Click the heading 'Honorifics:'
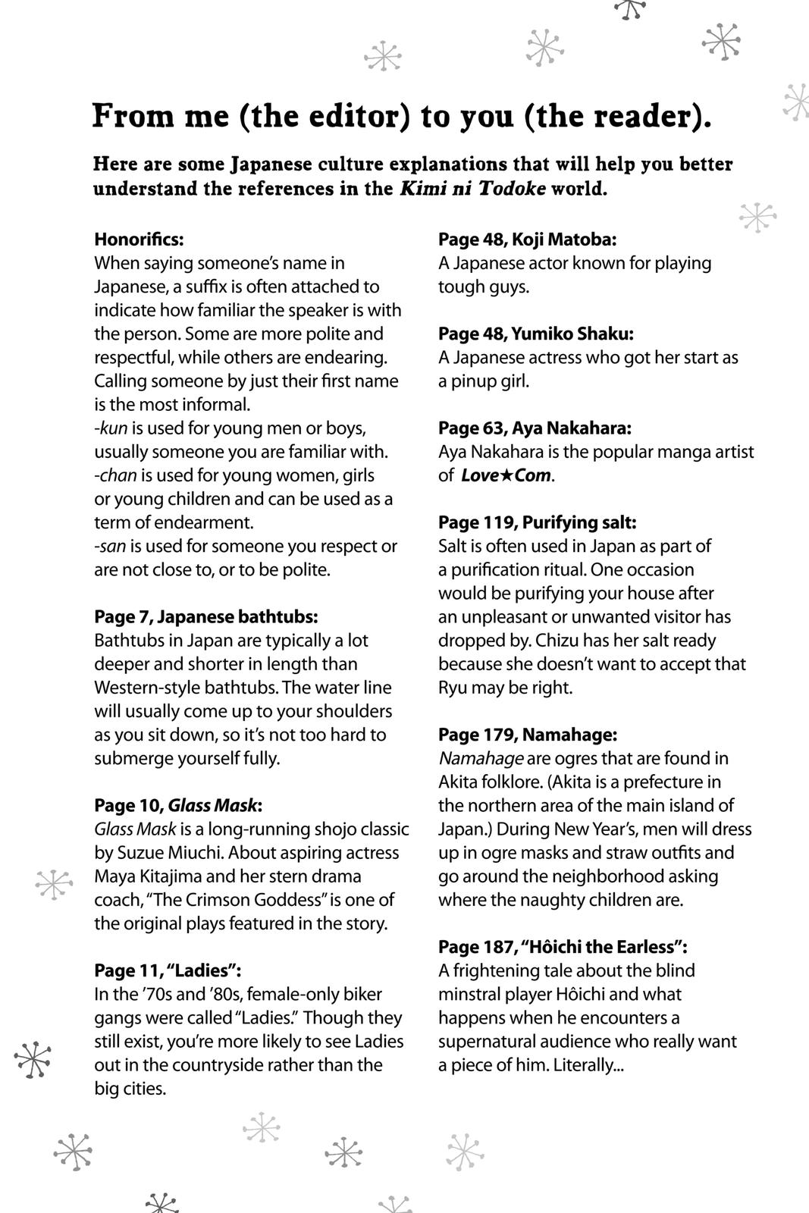[x=139, y=240]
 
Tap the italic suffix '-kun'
[x=111, y=428]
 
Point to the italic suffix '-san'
[x=111, y=546]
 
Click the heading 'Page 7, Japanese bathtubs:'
[x=205, y=617]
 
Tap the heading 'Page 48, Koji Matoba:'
[x=527, y=240]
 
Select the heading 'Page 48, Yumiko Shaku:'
[x=535, y=334]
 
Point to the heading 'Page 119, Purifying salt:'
[x=537, y=522]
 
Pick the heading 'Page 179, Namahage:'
[x=527, y=735]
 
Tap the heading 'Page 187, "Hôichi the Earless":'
[x=563, y=947]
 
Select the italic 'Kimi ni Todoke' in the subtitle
[x=472, y=189]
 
